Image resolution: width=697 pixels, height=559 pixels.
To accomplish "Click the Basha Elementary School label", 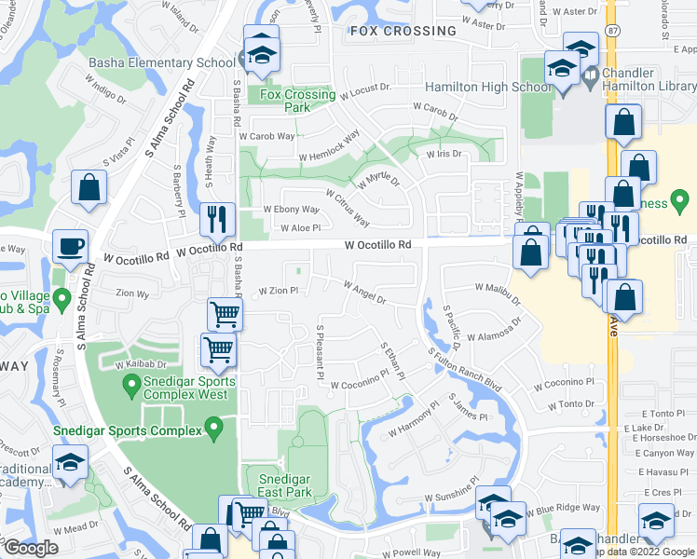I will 161,63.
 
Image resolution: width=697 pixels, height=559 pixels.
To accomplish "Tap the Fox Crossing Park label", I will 297,101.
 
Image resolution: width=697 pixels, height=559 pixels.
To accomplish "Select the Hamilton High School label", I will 488,87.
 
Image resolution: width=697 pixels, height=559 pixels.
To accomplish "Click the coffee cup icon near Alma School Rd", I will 71,247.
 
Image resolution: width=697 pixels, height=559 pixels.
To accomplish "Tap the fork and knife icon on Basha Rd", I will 217,220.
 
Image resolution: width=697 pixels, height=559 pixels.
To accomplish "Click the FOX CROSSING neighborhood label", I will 403,31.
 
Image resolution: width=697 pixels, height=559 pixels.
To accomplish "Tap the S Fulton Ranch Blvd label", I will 465,370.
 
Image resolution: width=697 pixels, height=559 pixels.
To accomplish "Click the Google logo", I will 31,548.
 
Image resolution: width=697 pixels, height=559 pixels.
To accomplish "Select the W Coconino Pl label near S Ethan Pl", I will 359,382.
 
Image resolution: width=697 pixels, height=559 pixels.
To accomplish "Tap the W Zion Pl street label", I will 277,291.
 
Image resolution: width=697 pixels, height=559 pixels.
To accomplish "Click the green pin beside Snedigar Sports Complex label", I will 214,429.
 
